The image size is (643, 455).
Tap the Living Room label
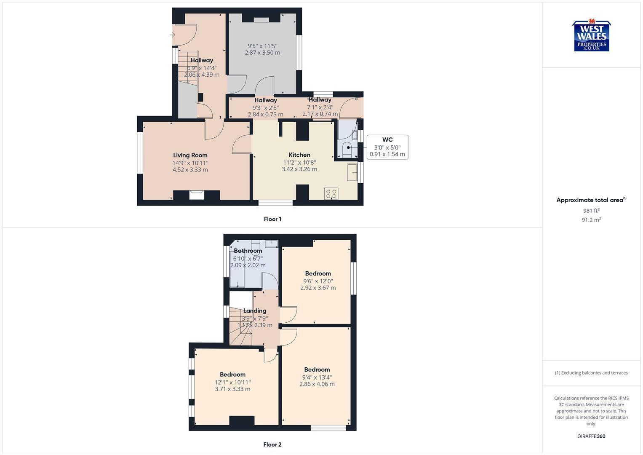(190, 155)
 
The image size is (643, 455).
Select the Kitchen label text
(299, 155)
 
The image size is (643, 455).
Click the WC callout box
(387, 147)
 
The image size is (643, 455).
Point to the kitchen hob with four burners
(331, 194)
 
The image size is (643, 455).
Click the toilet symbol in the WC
(347, 148)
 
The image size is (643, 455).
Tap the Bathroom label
(248, 251)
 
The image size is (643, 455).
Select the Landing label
(255, 310)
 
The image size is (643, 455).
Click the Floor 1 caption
(272, 219)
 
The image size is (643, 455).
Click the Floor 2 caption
(272, 444)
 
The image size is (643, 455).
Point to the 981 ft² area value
(591, 211)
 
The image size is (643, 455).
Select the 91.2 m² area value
(591, 219)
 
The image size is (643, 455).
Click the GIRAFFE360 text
(591, 436)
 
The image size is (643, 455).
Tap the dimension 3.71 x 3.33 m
(232, 389)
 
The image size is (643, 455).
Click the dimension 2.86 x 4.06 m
(317, 384)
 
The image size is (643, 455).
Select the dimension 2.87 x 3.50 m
(262, 53)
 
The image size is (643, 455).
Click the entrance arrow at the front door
(172, 35)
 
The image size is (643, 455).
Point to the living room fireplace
(197, 195)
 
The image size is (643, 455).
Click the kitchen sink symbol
(352, 172)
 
